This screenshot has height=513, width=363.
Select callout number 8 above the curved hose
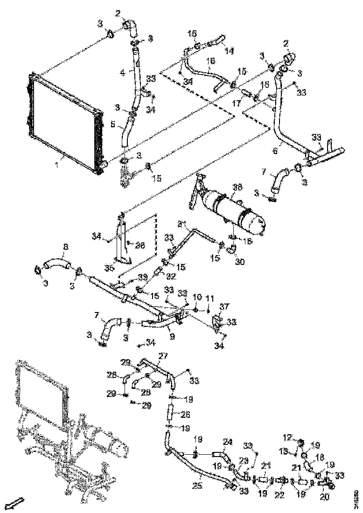(x=65, y=247)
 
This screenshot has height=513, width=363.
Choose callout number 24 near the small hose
(x=227, y=441)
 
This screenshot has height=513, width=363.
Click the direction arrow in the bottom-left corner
(x=17, y=503)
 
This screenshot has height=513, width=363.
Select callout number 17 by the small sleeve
(x=237, y=103)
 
